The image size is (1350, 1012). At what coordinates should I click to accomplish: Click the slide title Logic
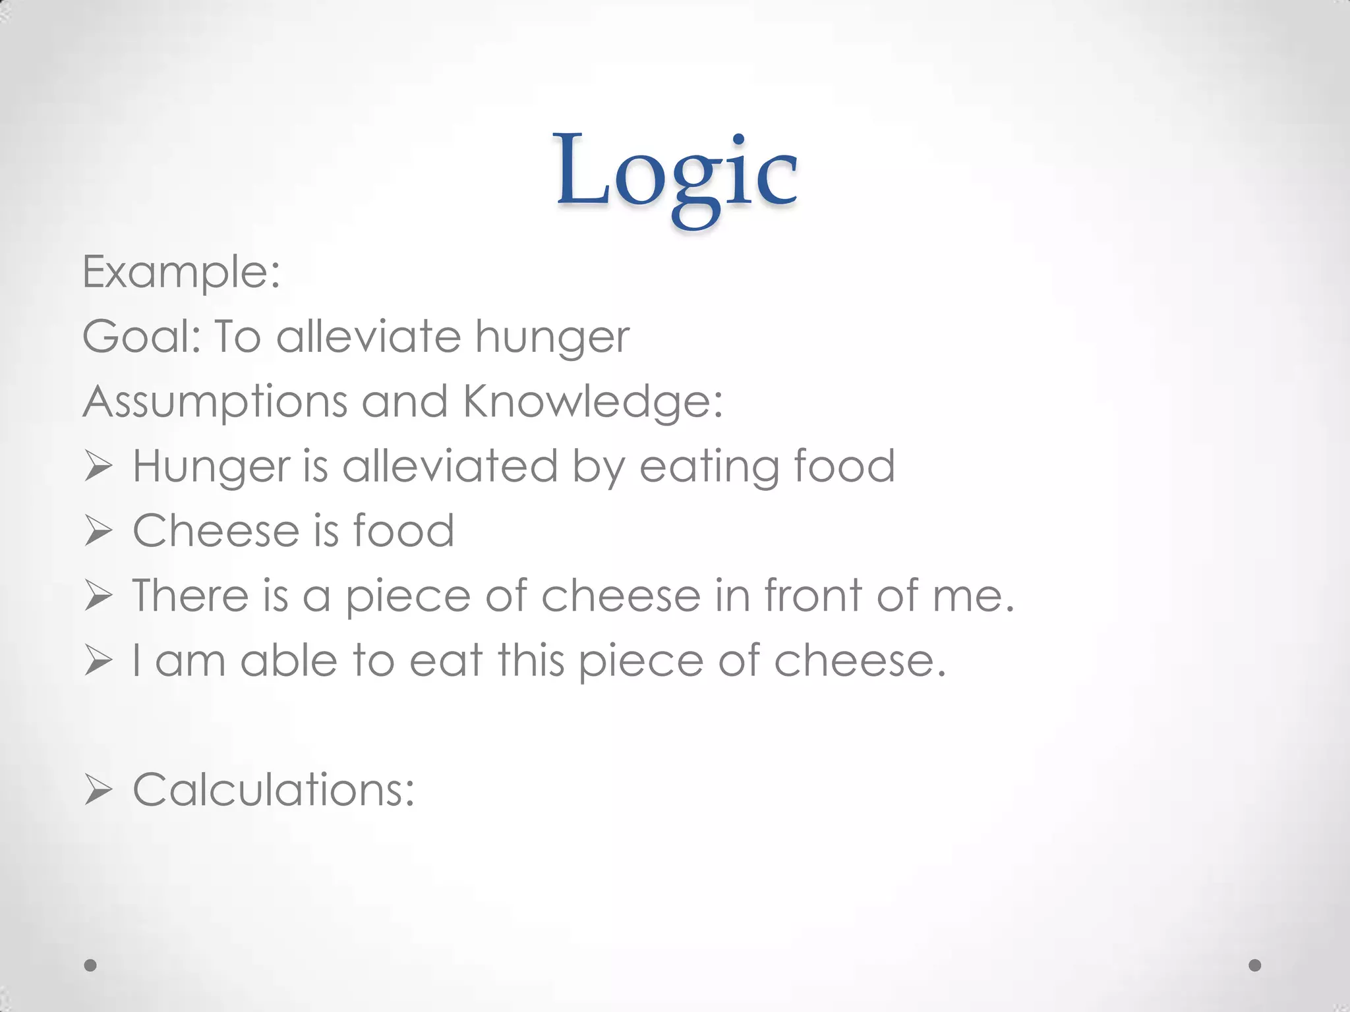coord(676,173)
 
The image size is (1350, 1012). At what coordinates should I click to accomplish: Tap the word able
coord(289,660)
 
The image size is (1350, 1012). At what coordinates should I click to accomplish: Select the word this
coord(531,660)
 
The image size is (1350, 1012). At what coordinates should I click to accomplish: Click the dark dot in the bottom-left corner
coord(91,965)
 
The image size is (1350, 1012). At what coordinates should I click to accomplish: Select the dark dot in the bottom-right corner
coord(1255,965)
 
